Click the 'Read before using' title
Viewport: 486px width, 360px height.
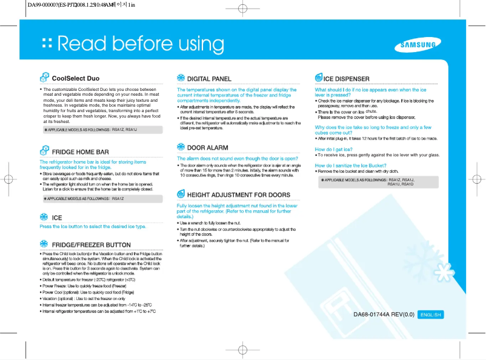pos(141,44)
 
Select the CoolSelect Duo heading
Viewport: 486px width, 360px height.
pos(76,78)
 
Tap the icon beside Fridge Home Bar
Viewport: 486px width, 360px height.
pos(44,151)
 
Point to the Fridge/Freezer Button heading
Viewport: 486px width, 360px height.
pos(92,245)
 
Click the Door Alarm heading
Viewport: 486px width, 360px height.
pos(208,147)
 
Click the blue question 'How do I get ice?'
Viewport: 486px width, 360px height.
pos(334,148)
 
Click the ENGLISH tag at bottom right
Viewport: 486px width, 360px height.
pos(431,315)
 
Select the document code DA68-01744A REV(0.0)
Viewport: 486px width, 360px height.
pos(384,315)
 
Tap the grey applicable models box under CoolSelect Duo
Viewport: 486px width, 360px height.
pos(101,130)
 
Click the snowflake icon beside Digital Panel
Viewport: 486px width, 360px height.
pos(181,78)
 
